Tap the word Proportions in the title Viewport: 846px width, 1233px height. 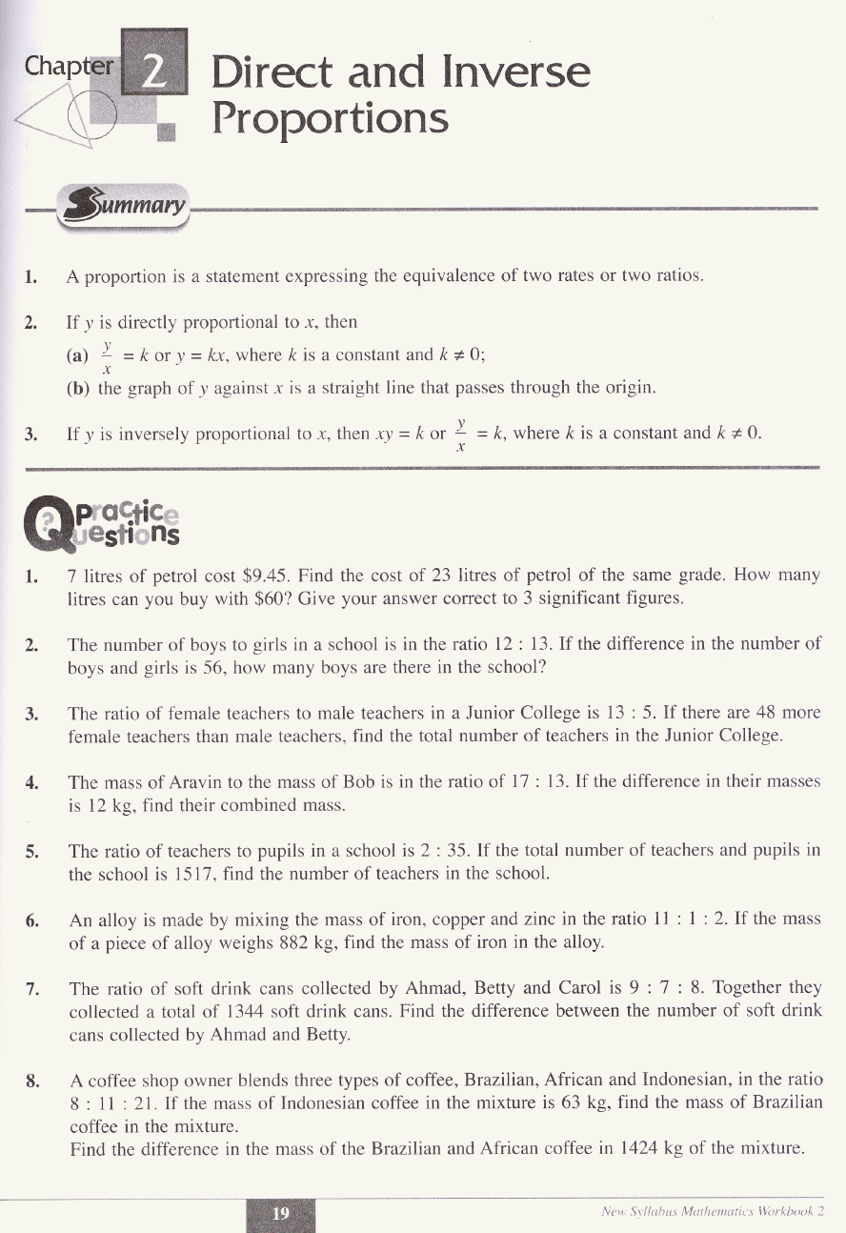(330, 119)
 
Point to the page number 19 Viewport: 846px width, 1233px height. (280, 1213)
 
